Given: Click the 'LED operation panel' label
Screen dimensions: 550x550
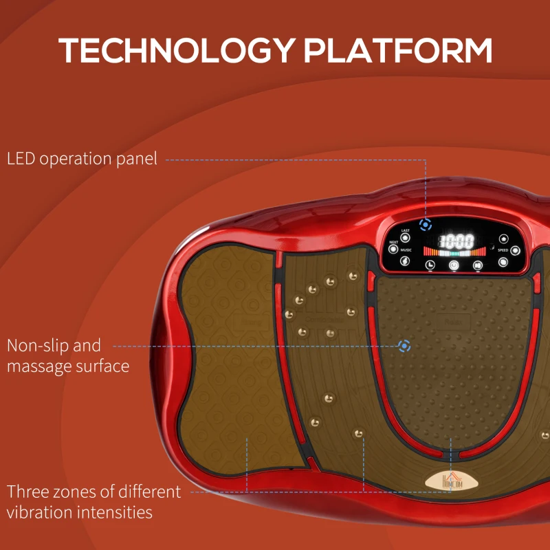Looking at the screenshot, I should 82,159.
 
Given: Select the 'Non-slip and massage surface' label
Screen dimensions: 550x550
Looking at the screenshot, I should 67,355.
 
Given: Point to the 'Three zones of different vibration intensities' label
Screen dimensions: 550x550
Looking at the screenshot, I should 93,502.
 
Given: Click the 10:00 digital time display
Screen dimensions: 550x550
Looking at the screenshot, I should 457,241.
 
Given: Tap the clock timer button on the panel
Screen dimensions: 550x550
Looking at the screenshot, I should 430,264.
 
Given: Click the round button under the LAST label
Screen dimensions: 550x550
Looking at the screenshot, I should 406,238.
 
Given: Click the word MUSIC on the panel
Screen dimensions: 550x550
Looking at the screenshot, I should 406,250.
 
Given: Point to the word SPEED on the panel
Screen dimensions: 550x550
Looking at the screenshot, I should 503,250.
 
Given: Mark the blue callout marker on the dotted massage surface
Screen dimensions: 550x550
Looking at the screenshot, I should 405,346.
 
